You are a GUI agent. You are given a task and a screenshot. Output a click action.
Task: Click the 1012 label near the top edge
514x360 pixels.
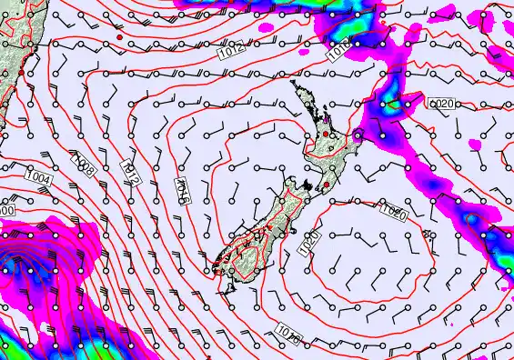coord(231,53)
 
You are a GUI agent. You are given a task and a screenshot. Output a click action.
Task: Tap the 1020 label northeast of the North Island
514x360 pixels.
coord(441,105)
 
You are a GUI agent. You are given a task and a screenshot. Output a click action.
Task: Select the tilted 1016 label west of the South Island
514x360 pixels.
coord(182,192)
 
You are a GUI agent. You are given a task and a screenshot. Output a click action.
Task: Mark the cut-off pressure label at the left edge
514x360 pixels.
coord(5,210)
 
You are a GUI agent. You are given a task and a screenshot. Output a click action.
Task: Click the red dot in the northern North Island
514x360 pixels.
coord(327,134)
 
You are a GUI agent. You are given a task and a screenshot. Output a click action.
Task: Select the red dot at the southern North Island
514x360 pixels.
coord(325,185)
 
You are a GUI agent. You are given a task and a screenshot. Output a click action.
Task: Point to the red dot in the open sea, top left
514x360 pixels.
coord(119,38)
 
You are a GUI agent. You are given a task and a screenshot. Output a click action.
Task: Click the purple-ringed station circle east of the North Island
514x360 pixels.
coord(358,135)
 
